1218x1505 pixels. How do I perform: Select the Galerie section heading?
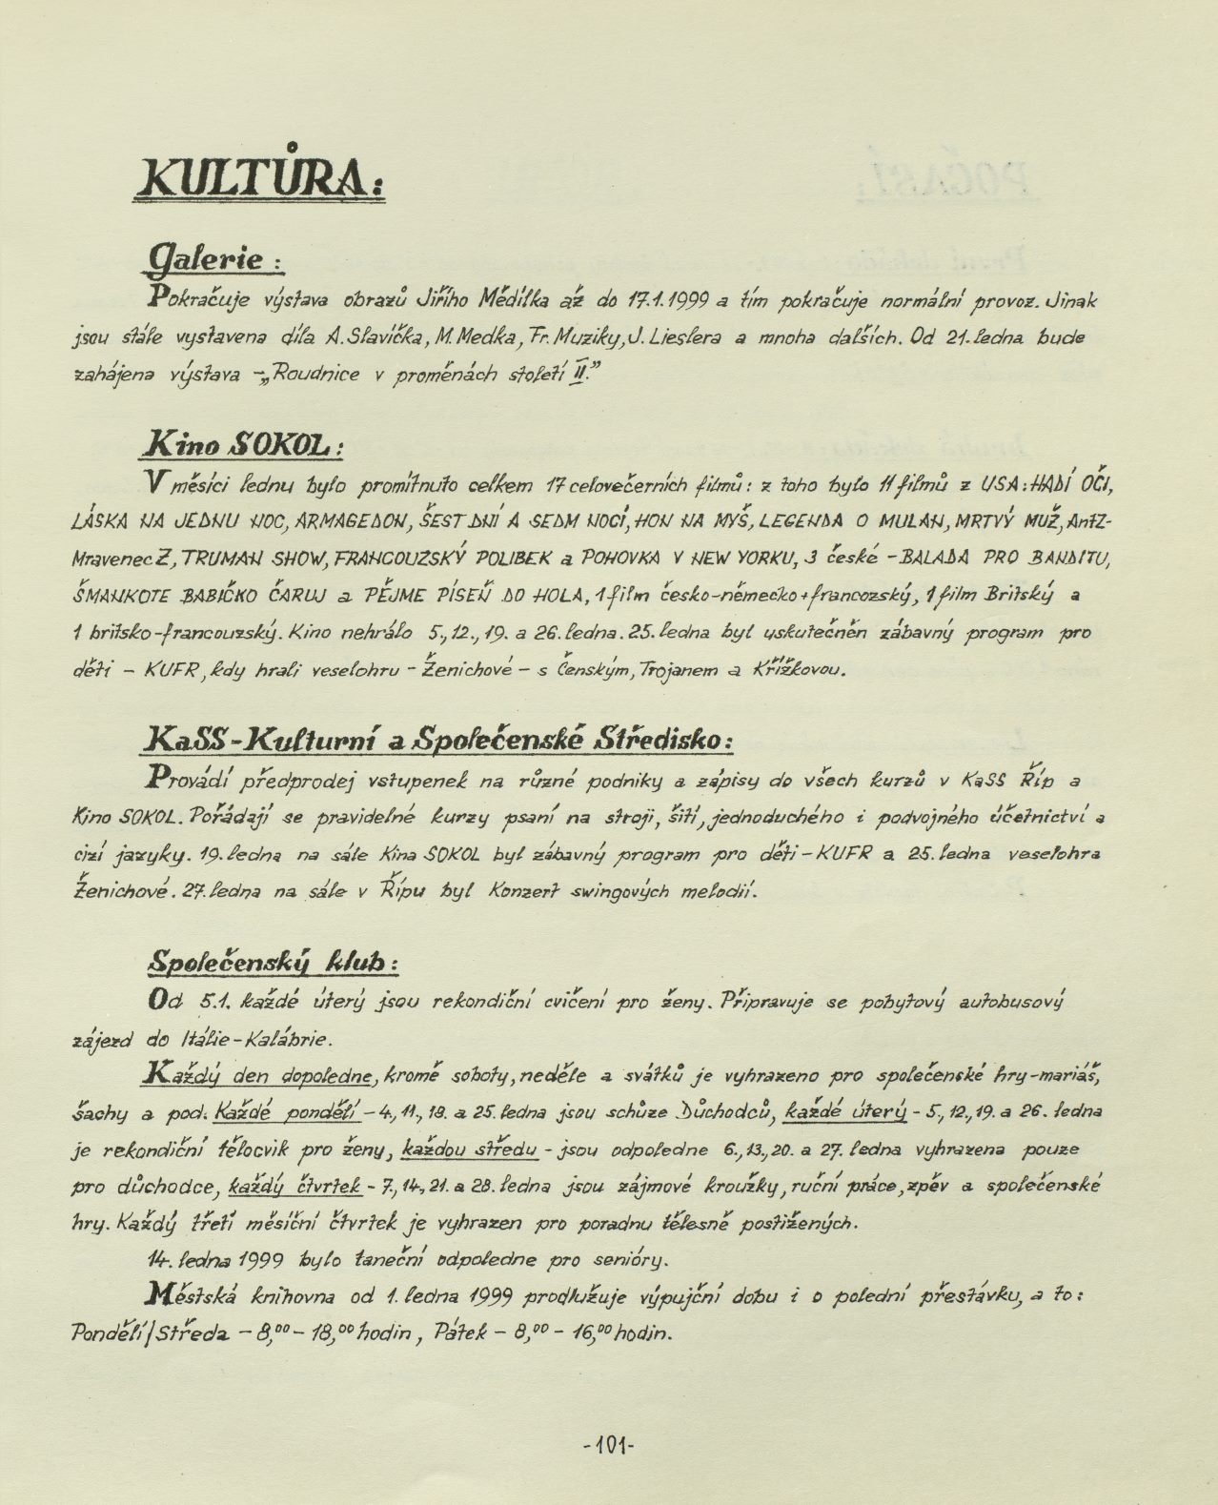click(x=211, y=256)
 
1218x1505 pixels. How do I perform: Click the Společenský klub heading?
click(x=271, y=964)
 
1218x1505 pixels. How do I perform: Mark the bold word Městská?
click(x=187, y=1295)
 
